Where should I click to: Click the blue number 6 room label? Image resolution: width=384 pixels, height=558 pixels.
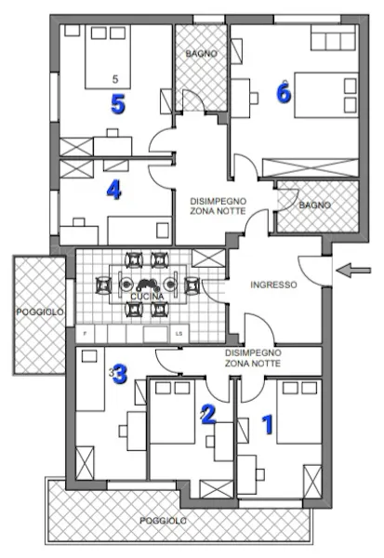[284, 92]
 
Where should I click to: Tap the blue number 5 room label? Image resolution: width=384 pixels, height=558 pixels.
[118, 104]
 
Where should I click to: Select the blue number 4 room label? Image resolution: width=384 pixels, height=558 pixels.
[113, 190]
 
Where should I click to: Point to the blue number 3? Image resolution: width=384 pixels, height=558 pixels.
[120, 375]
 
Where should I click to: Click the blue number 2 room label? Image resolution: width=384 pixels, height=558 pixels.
[208, 414]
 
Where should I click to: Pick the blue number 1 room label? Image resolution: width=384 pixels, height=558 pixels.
[268, 425]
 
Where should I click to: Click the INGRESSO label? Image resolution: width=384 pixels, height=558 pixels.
[273, 285]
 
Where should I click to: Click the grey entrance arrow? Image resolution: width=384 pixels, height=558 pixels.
[353, 270]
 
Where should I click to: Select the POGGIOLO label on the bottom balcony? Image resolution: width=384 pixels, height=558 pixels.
[163, 521]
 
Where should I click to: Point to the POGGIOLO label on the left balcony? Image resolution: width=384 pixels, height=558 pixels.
[40, 312]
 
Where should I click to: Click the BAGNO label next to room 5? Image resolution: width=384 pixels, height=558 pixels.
[201, 54]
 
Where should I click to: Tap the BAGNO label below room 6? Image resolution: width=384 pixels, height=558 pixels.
[314, 205]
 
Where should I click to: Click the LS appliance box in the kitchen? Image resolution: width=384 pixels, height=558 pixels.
[179, 334]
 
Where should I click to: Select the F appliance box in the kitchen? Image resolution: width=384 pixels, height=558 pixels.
[86, 334]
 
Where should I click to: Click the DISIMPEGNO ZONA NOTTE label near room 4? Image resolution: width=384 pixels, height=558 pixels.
[218, 206]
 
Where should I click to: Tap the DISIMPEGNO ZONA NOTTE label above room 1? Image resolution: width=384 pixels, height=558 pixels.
[253, 358]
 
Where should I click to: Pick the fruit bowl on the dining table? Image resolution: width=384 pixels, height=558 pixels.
[147, 285]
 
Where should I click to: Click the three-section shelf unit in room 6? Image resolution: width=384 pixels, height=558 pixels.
[334, 38]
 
